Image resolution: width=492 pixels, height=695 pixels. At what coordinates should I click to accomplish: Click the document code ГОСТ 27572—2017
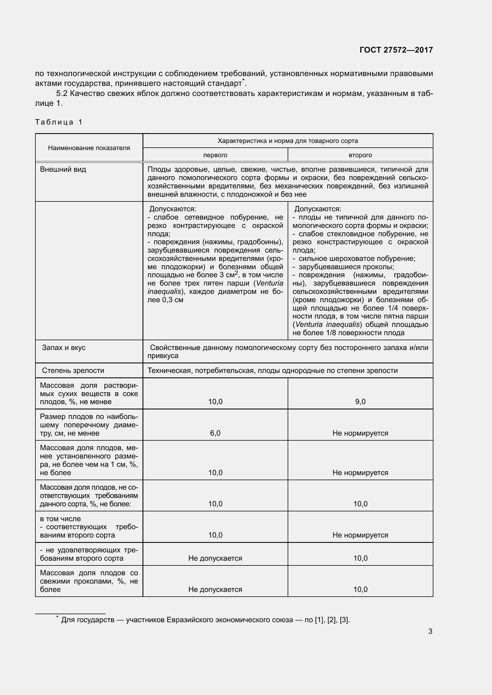tap(396, 50)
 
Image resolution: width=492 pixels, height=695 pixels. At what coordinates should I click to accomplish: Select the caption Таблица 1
tap(59, 122)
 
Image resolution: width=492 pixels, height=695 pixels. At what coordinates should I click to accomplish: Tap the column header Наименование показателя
tap(89, 148)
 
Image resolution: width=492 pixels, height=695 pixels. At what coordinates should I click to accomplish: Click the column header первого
tap(215, 155)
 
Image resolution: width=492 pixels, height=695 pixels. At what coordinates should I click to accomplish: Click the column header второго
tap(360, 155)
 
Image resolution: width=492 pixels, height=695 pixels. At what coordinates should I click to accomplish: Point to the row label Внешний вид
tap(63, 169)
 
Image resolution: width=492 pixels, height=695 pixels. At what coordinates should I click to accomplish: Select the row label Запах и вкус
tap(64, 348)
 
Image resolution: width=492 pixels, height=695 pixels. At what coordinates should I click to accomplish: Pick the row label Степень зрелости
tap(73, 371)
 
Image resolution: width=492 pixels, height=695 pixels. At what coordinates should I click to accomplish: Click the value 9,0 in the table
tap(360, 402)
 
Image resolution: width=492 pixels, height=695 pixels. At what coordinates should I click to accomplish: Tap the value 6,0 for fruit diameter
tap(215, 433)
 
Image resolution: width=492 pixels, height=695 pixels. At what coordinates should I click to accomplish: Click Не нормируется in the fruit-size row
tap(360, 433)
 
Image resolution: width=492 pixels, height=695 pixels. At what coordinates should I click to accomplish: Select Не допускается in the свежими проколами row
tap(215, 589)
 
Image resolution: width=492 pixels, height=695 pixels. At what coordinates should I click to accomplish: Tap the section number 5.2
tap(62, 94)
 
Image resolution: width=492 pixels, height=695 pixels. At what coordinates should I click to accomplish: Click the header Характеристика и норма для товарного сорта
tap(288, 141)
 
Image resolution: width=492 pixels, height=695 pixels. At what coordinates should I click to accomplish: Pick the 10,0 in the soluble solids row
tap(215, 402)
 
